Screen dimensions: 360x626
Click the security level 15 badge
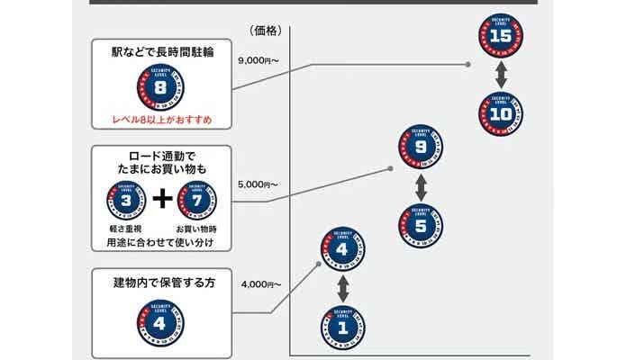point(503,37)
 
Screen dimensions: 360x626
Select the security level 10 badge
point(503,115)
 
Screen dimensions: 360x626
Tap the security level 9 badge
point(421,149)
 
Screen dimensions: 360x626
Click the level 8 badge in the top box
point(160,88)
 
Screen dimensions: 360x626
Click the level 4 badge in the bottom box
point(160,320)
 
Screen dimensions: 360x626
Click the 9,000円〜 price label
point(259,60)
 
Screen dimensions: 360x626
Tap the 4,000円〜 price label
point(262,284)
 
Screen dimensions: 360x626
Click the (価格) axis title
point(267,30)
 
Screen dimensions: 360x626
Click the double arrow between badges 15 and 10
point(503,76)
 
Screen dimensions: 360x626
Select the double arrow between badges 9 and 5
point(421,187)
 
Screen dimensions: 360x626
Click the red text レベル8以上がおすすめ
point(160,119)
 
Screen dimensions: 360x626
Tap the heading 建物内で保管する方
point(160,283)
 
